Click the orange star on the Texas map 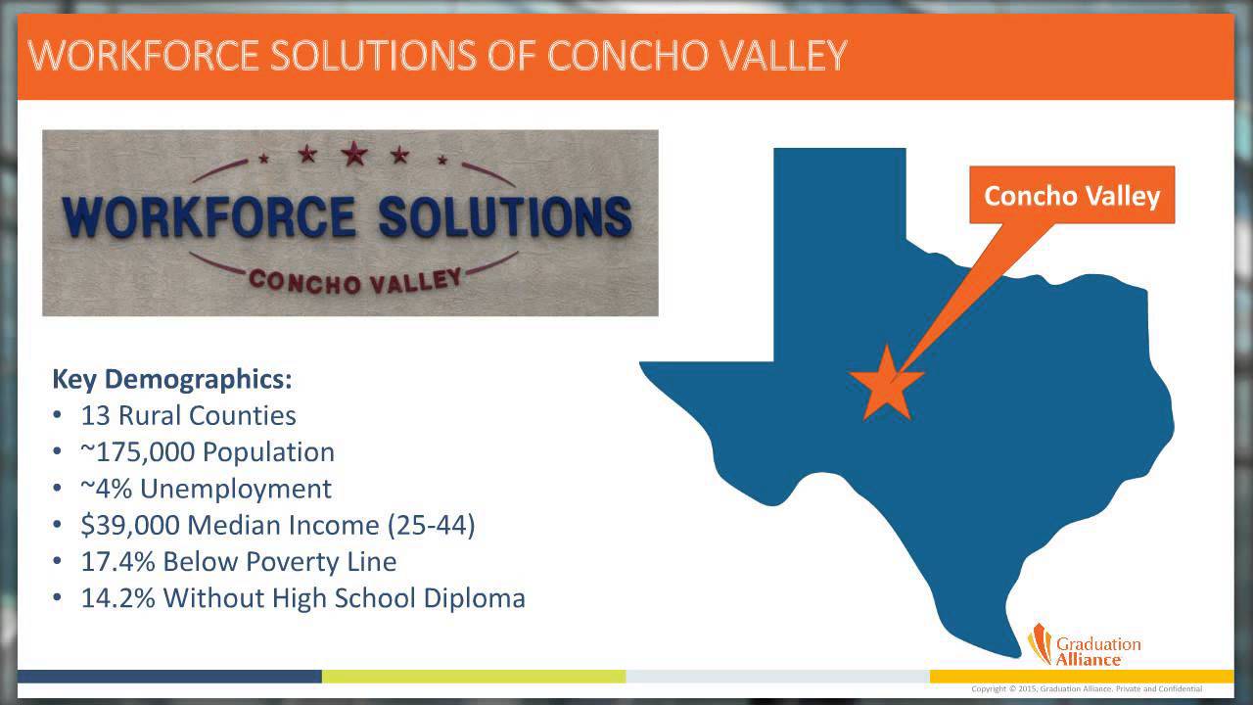coord(886,383)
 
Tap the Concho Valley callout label coord(1071,196)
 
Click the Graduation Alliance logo coord(1084,644)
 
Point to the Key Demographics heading coord(171,379)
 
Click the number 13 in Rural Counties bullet coord(95,415)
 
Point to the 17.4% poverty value coord(118,561)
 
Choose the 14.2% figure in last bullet coord(118,597)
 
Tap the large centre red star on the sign coord(354,153)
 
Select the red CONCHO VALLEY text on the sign coord(353,280)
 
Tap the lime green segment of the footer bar coord(474,676)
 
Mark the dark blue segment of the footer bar coord(169,676)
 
